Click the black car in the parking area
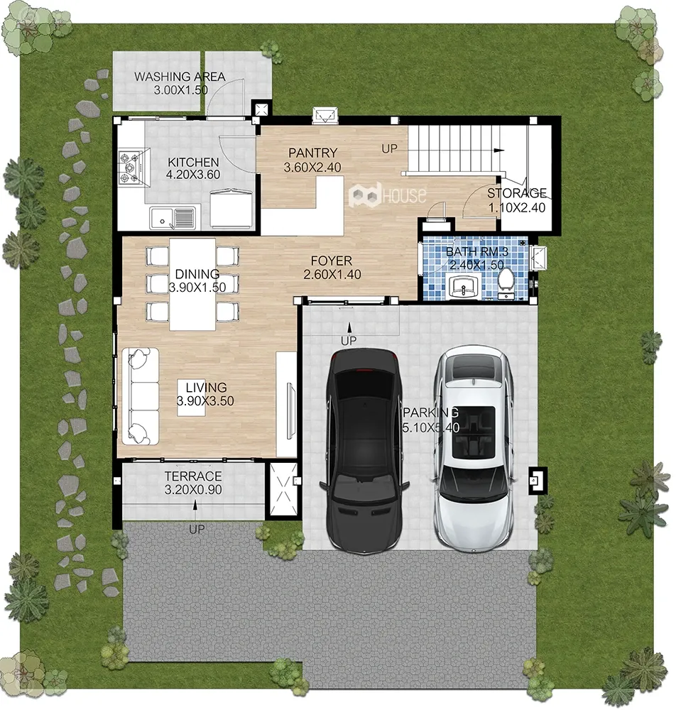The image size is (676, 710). coord(365,451)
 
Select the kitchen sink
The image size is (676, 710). coord(173,218)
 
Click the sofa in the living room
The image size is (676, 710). coord(140,395)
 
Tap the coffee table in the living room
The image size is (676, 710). coord(195,397)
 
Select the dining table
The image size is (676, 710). coord(192,284)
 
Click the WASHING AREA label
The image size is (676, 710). coord(180,77)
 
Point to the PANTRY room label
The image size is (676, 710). coord(313,153)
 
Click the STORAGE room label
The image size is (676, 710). coord(517,193)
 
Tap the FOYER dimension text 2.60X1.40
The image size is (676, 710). coord(332,274)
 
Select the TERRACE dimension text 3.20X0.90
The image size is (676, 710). coord(193,489)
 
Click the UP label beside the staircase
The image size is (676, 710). coord(389,148)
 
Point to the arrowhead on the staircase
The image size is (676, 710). coord(499,151)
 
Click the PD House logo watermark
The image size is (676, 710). coord(387,195)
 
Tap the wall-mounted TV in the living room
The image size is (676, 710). coord(290,410)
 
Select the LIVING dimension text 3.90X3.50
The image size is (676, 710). coord(205,400)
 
